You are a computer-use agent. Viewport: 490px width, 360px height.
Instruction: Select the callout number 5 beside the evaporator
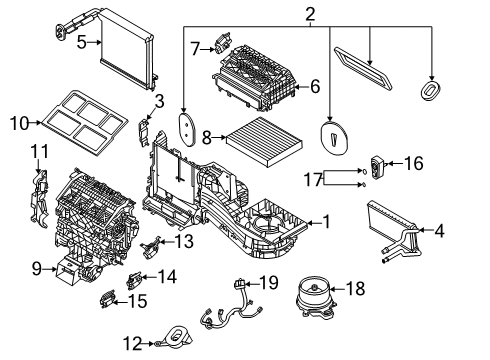point(82,43)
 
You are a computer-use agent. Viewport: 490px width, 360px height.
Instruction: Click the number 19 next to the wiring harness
point(267,284)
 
